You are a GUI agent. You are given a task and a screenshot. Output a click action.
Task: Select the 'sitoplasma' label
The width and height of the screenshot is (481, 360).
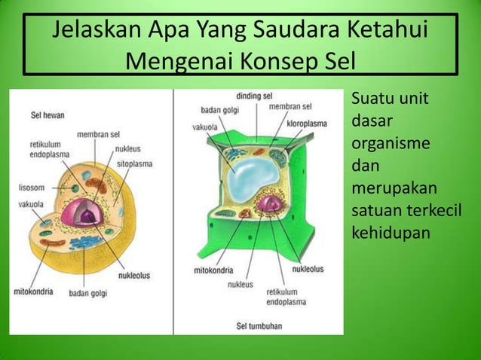pos(136,162)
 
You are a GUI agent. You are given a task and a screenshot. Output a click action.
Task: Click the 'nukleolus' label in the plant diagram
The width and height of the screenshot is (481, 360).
pos(308,269)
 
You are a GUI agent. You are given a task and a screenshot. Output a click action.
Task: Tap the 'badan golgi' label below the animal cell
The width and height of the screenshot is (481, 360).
pos(89,293)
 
